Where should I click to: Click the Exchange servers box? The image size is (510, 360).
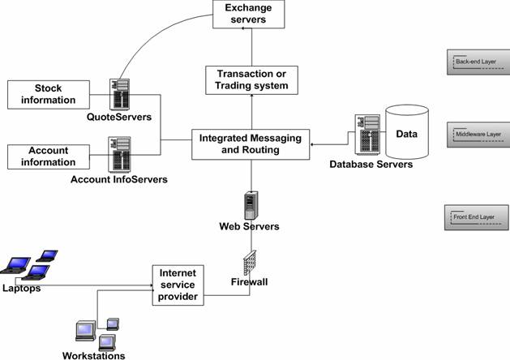(249, 13)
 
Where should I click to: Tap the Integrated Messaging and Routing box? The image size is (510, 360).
(250, 144)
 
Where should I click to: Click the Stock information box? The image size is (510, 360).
(48, 94)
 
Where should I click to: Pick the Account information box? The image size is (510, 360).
(48, 156)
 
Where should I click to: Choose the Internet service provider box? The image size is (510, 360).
(178, 285)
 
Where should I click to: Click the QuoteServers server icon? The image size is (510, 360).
(122, 94)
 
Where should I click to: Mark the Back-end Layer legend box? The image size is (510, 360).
(478, 62)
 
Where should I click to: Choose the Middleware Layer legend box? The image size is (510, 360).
(478, 134)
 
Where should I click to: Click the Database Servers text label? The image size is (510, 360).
(371, 165)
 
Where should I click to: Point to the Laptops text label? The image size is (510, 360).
(21, 288)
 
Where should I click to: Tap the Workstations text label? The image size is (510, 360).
(93, 355)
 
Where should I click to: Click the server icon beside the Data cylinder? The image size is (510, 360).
(366, 135)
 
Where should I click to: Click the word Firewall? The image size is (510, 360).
(251, 283)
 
